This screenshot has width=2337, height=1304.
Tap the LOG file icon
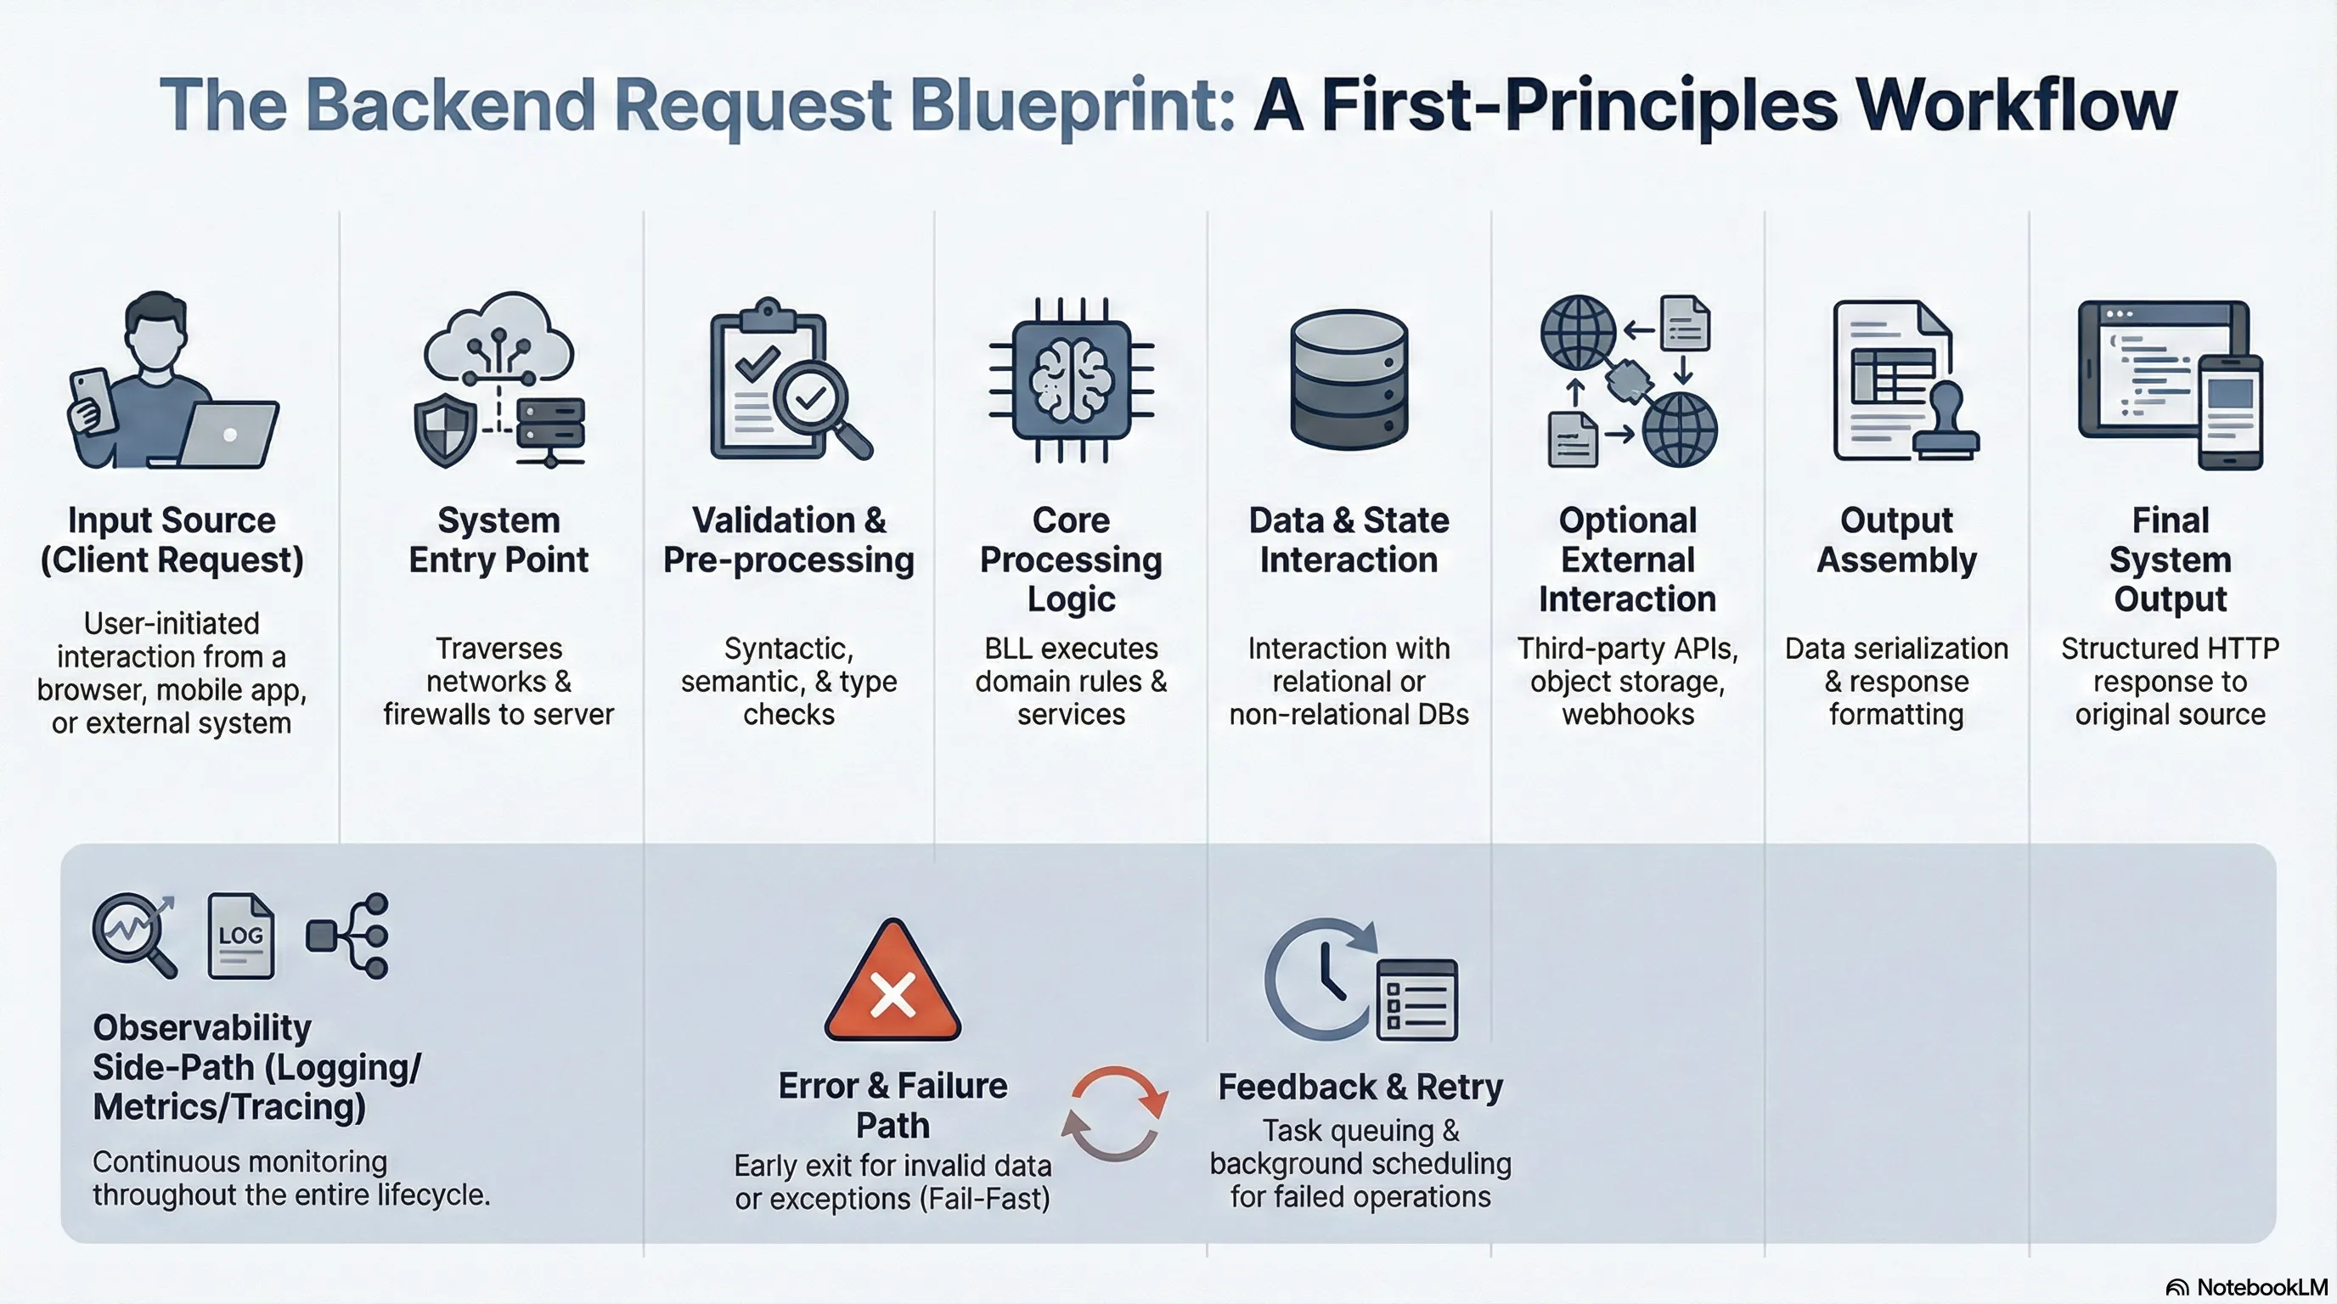240,936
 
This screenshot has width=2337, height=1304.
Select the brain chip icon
1072,381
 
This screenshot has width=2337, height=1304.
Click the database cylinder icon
1349,380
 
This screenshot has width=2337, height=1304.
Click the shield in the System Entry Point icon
444,433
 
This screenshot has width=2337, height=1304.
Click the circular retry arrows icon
1115,1113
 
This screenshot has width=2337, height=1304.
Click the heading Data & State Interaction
1349,541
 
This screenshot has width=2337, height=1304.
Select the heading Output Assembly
1896,541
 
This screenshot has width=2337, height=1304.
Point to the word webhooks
1628,715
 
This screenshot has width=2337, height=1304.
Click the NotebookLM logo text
2261,1287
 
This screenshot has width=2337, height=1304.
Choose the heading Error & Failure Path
893,1105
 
